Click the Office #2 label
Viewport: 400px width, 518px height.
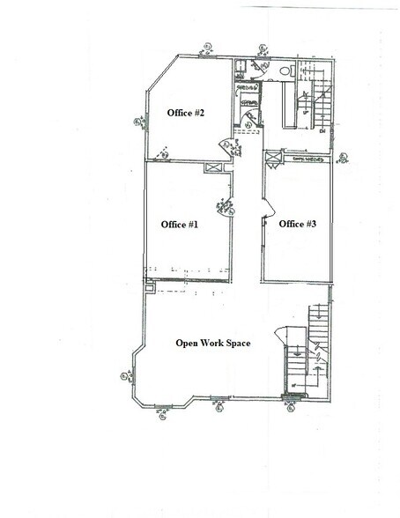(186, 114)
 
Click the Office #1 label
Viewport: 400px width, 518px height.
(179, 225)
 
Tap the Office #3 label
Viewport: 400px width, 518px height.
(297, 225)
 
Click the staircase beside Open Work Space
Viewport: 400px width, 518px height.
(315, 348)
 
